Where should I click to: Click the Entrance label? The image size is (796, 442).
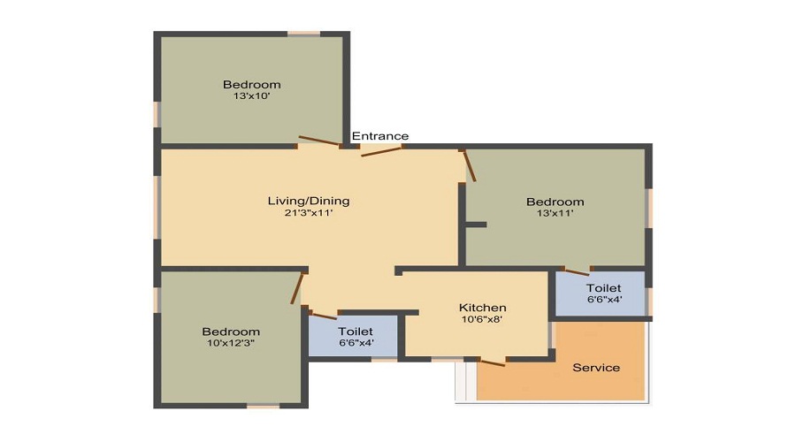(380, 136)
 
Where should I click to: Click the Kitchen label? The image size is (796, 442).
(482, 308)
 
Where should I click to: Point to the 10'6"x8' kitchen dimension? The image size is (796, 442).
(482, 320)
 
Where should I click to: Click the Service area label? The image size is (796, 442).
(596, 368)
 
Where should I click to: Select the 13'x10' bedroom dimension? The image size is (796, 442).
(251, 96)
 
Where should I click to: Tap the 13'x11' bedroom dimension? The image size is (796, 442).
(555, 213)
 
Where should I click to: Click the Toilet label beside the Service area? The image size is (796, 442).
(604, 288)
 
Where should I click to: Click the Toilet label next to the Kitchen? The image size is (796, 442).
(356, 331)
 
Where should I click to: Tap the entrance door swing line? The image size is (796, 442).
(382, 151)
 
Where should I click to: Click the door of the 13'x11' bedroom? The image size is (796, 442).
(470, 165)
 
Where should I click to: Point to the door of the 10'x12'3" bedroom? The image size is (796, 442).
(298, 288)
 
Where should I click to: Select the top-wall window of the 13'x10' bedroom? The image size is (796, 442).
(303, 34)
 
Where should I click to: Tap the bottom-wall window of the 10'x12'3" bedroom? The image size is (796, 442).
(263, 406)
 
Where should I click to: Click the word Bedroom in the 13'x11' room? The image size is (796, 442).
(555, 202)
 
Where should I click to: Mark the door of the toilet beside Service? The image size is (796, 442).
(577, 271)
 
